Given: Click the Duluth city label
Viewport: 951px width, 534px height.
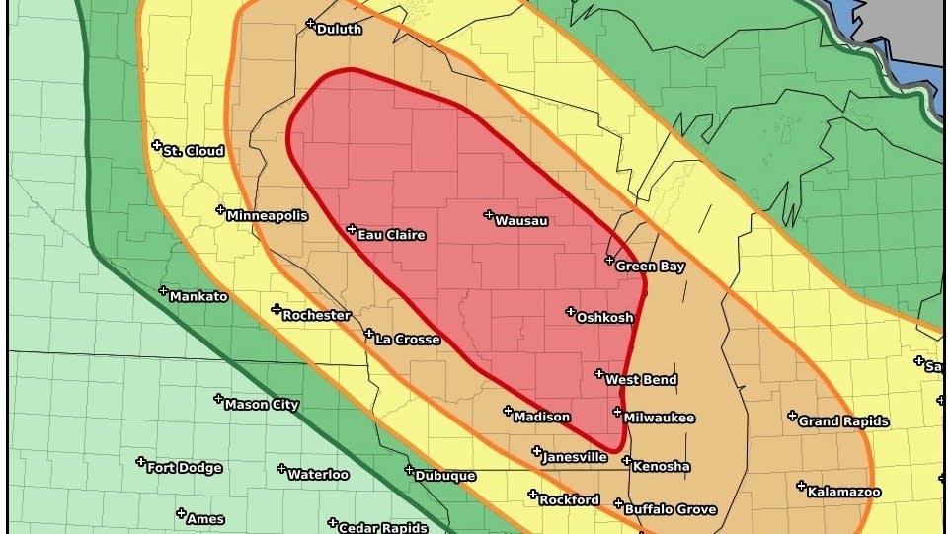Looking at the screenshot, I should (x=339, y=30).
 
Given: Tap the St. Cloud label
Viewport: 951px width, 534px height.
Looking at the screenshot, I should (x=194, y=152).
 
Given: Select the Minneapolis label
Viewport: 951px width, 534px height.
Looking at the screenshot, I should (x=267, y=216).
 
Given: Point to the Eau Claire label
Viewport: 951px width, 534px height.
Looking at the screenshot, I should (x=391, y=235).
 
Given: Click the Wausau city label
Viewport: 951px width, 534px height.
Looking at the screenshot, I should (x=520, y=221).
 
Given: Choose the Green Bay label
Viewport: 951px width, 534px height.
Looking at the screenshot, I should (x=650, y=267).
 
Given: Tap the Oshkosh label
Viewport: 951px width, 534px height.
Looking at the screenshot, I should (x=604, y=318).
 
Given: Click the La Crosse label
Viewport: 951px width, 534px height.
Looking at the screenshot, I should (x=407, y=340).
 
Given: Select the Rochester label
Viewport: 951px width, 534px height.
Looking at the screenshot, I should (x=316, y=316).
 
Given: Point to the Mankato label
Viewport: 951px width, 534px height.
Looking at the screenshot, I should (x=198, y=297).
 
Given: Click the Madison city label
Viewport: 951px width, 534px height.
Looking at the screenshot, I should (x=541, y=417).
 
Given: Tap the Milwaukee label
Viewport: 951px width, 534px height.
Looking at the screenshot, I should (x=659, y=419).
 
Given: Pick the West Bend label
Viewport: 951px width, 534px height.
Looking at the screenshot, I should (x=641, y=380).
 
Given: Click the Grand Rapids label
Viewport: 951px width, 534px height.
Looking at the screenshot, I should (x=843, y=421).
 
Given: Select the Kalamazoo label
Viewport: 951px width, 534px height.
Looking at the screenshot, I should (x=844, y=492).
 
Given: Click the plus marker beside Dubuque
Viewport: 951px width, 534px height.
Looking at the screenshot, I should (x=409, y=470).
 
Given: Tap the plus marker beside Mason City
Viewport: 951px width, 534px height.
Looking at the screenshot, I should (x=218, y=399).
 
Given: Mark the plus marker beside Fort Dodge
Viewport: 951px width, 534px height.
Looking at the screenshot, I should (x=141, y=462).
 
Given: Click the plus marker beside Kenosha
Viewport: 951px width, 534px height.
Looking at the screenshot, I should (x=626, y=460).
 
